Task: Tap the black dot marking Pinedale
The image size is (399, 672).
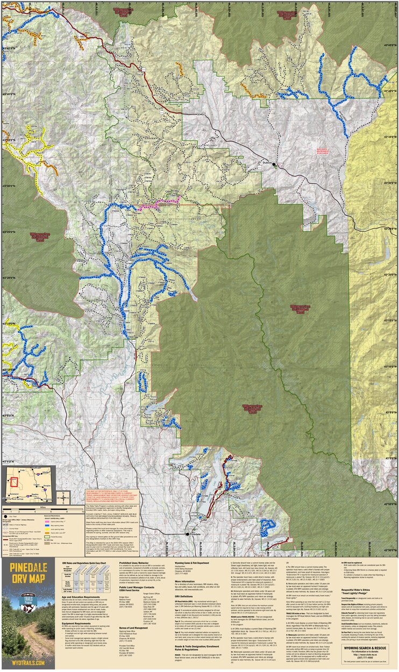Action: coord(187,534)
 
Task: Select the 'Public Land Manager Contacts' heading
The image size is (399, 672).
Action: coord(129,587)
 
